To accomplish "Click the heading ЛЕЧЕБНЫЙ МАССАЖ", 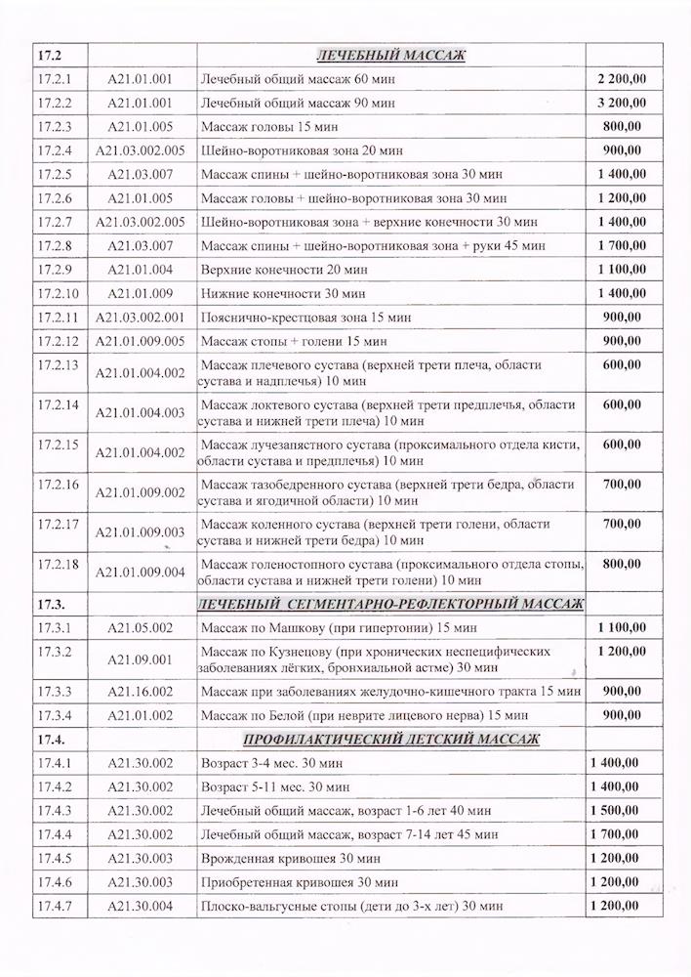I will pyautogui.click(x=390, y=55).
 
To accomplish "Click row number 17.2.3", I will pyautogui.click(x=54, y=126).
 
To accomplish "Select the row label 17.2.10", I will pyautogui.click(x=57, y=292).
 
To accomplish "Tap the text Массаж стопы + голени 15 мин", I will pyautogui.click(x=294, y=341).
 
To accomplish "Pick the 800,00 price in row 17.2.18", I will pyautogui.click(x=623, y=564).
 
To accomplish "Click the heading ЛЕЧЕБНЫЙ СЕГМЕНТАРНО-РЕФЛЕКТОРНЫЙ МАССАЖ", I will pyautogui.click(x=390, y=604).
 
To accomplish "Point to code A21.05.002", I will pyautogui.click(x=141, y=627).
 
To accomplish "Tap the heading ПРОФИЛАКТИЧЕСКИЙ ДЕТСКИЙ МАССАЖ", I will pyautogui.click(x=390, y=739).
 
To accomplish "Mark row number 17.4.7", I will pyautogui.click(x=54, y=906).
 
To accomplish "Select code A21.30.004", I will pyautogui.click(x=141, y=906).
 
